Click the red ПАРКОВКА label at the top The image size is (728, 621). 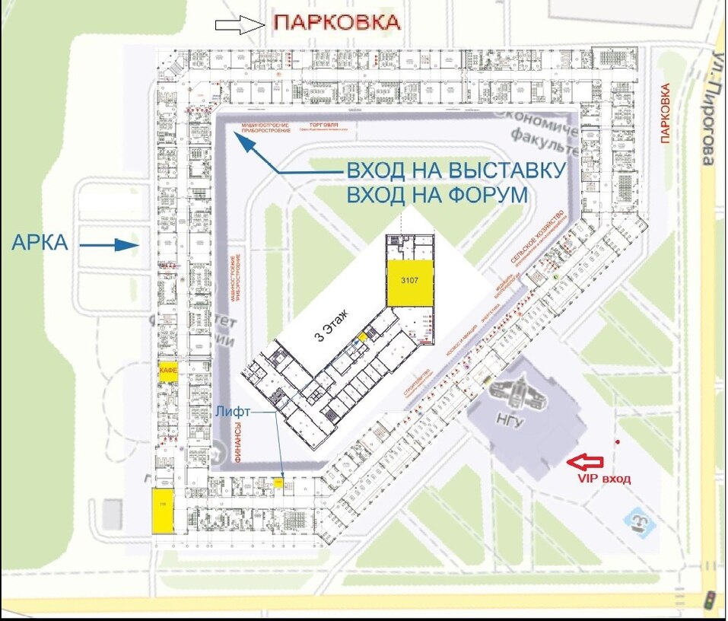click(x=336, y=22)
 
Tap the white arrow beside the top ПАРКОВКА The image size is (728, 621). click(x=239, y=26)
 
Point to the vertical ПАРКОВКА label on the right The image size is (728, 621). click(x=666, y=113)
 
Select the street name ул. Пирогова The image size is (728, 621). click(x=707, y=110)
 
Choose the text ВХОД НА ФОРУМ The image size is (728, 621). click(x=437, y=196)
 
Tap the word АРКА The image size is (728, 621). click(x=41, y=244)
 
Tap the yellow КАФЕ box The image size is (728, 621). click(x=168, y=371)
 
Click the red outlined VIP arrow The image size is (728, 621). click(x=585, y=460)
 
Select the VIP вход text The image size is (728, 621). click(x=603, y=479)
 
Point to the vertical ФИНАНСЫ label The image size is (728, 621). click(x=238, y=444)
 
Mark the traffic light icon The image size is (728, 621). click(x=710, y=597)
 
